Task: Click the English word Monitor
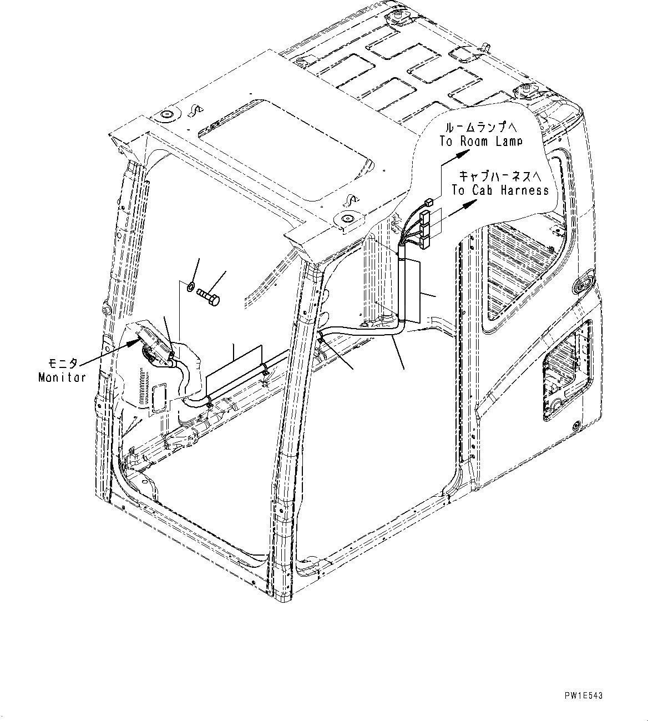(x=62, y=378)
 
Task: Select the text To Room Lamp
(x=480, y=142)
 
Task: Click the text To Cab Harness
(x=500, y=190)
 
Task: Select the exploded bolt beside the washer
(x=208, y=296)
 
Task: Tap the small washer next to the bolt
(x=190, y=287)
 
